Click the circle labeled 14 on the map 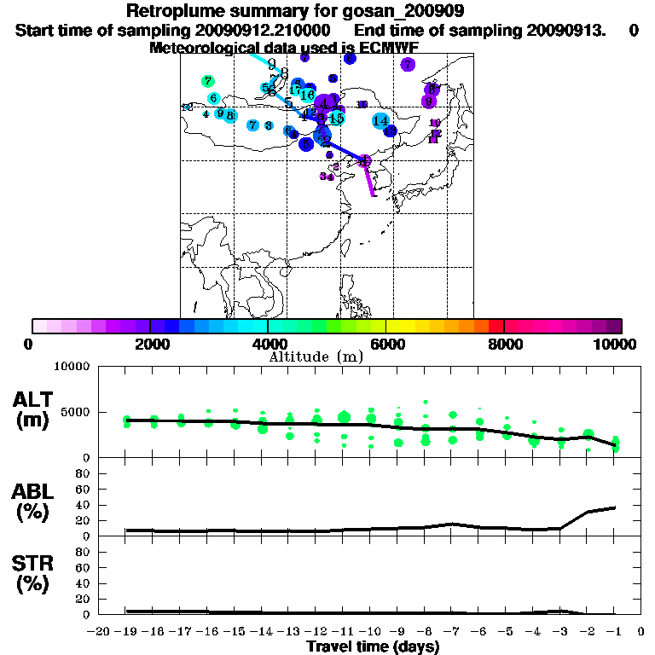(380, 121)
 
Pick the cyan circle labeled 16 (308, 95)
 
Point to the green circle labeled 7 (207, 82)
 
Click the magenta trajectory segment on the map (370, 180)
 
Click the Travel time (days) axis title (373, 647)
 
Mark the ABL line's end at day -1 (615, 507)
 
